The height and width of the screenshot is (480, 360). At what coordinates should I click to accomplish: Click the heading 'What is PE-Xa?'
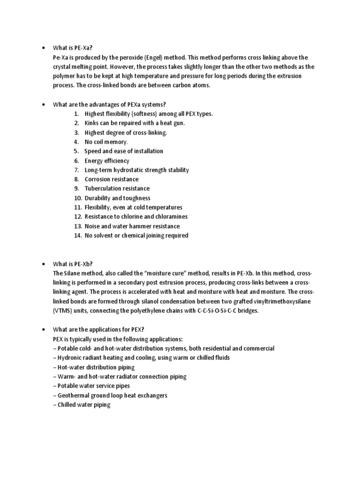point(73,48)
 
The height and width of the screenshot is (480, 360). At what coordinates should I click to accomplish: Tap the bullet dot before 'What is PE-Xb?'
point(43,264)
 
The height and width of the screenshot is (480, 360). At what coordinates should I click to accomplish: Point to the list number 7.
point(77,170)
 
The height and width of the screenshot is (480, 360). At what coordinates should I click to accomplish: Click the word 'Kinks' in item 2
point(92,123)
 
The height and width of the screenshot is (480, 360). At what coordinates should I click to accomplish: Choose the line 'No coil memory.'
point(106,142)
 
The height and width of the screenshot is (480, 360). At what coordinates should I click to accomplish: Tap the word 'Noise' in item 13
point(93,226)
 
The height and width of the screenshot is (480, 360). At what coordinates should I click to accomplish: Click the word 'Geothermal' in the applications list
point(75,395)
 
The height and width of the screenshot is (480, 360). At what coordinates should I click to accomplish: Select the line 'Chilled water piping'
point(82,405)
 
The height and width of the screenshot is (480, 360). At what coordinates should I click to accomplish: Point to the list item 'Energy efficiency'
point(106,161)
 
